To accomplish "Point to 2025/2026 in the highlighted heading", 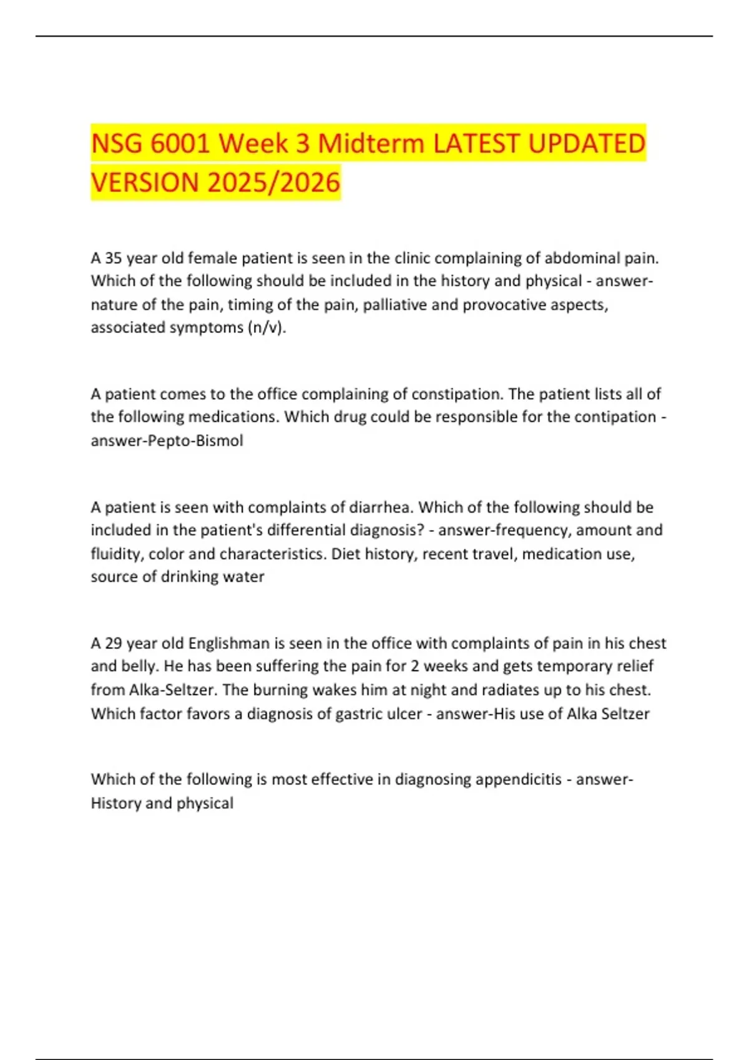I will (x=273, y=183).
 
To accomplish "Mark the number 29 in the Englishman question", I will (x=113, y=643).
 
